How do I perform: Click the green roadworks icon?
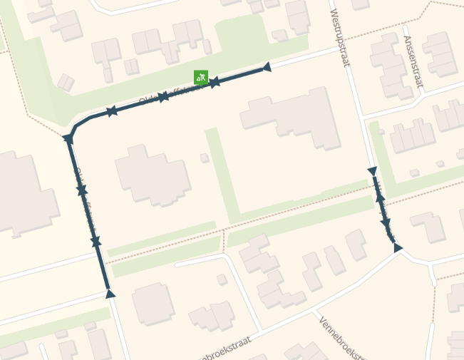(201, 77)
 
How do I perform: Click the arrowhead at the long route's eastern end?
(267, 67)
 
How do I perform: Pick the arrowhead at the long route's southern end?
(110, 293)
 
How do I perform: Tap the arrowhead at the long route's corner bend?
(68, 138)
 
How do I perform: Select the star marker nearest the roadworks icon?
(214, 83)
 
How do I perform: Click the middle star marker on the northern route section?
(163, 96)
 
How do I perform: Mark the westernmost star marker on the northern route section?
(112, 110)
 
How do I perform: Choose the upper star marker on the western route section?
(82, 190)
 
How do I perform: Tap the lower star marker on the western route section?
(96, 242)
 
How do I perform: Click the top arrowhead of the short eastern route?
(371, 171)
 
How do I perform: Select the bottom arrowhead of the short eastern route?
(398, 247)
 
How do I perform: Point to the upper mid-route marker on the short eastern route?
(380, 197)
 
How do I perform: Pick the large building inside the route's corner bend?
(152, 173)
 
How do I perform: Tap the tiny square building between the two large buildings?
(205, 158)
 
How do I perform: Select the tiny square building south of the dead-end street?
(222, 279)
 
